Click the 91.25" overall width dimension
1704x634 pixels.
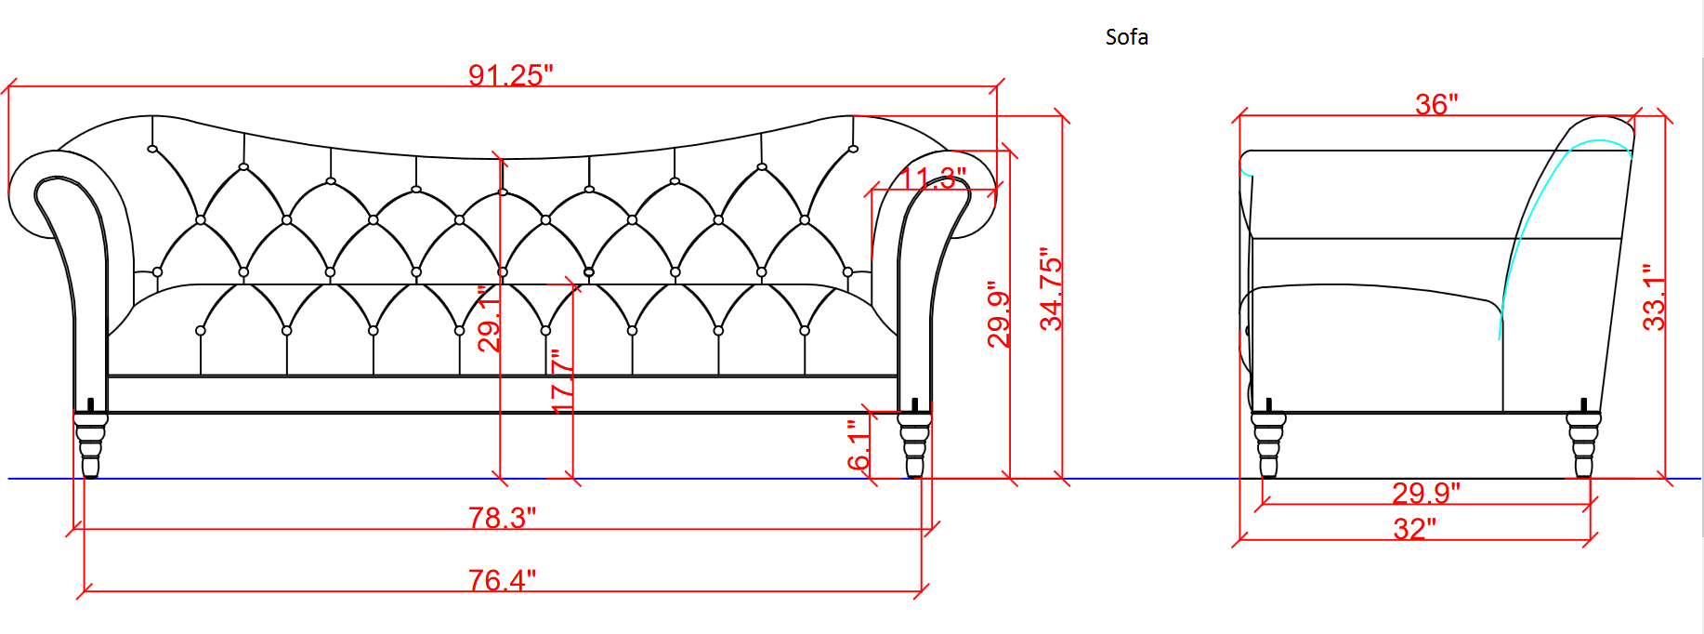pyautogui.click(x=510, y=75)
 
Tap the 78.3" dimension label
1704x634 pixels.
pyautogui.click(x=502, y=518)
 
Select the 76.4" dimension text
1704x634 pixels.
pyautogui.click(x=502, y=580)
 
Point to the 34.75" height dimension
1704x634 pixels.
pyautogui.click(x=1051, y=289)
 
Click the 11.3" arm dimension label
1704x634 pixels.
pyautogui.click(x=934, y=178)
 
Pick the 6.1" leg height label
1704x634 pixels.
pyautogui.click(x=859, y=444)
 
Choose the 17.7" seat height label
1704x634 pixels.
pyautogui.click(x=563, y=380)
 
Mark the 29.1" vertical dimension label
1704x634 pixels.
pyautogui.click(x=490, y=319)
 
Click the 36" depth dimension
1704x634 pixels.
pyautogui.click(x=1436, y=104)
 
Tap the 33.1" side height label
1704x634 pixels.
pyautogui.click(x=1654, y=297)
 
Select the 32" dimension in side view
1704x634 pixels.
pyautogui.click(x=1414, y=529)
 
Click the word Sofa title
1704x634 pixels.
pyautogui.click(x=1127, y=37)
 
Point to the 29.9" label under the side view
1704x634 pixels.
pyautogui.click(x=1426, y=493)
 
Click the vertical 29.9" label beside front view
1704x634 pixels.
pyautogui.click(x=999, y=314)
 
